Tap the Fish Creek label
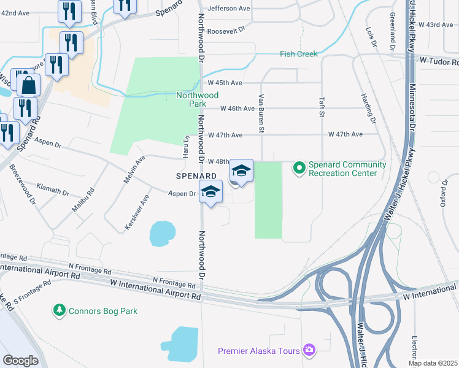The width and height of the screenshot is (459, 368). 299,54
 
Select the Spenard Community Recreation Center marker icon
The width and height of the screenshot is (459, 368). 299,167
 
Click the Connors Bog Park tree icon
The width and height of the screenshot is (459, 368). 60,311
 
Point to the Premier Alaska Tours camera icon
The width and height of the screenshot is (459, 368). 310,350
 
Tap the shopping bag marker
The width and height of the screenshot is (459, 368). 28,85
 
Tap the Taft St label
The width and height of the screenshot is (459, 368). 321,105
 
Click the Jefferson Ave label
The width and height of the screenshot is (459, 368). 229,9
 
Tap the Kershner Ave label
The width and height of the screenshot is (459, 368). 137,213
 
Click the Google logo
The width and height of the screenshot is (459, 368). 21,360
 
